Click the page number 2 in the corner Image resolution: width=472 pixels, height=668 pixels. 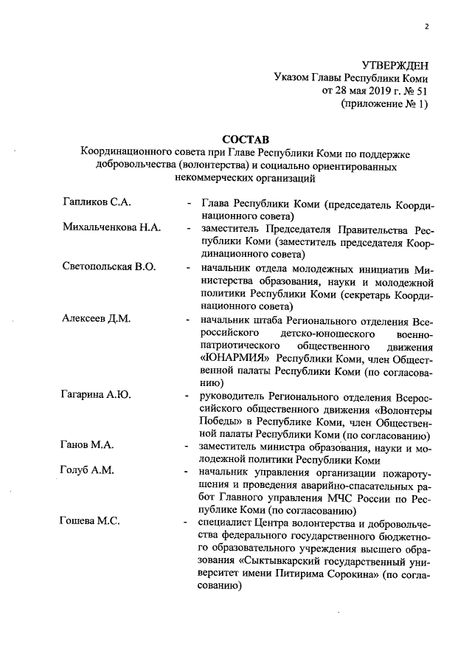[x=426, y=29]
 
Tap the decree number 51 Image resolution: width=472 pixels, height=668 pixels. [x=420, y=91]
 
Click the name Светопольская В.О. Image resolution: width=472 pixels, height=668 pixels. [x=109, y=266]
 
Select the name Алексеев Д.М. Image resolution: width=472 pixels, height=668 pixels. [x=96, y=319]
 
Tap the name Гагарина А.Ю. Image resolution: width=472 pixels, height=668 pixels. [x=97, y=396]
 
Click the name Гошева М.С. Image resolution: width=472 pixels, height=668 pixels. [x=90, y=523]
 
